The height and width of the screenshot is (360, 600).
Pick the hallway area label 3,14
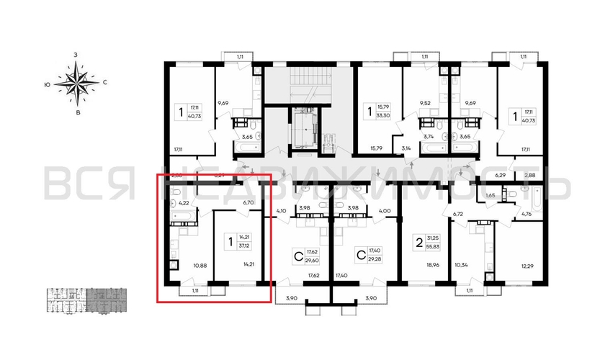[405, 150]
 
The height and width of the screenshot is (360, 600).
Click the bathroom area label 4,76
[527, 213]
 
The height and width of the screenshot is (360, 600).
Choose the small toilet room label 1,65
[490, 195]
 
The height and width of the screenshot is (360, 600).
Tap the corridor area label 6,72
[457, 214]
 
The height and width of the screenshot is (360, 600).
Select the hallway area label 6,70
[249, 202]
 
